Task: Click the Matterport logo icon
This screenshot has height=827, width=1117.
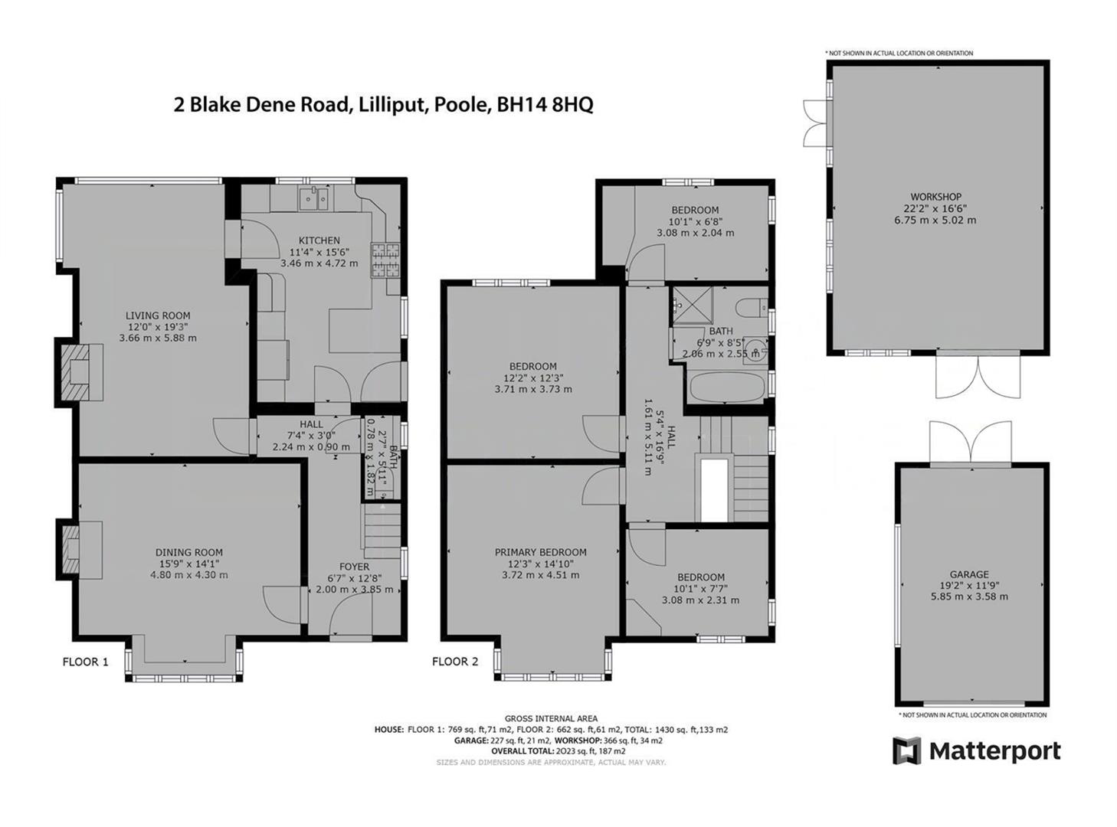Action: point(907,750)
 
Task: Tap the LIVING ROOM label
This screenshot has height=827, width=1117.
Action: point(158,315)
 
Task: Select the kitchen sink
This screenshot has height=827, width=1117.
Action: point(315,198)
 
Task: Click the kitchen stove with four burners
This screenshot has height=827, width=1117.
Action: point(386,259)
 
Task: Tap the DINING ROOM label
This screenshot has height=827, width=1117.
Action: point(189,552)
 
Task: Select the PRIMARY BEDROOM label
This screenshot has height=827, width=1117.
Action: point(540,552)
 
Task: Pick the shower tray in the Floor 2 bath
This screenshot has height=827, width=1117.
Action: point(693,305)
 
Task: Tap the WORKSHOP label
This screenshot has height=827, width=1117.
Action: point(935,197)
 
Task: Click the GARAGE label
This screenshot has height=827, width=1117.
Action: point(969,574)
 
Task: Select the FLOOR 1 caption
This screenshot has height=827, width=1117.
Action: point(86,662)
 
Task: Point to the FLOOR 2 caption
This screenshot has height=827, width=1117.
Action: point(455,662)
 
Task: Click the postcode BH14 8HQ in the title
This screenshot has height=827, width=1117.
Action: point(545,105)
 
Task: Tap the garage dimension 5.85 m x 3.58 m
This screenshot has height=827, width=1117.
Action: point(969,597)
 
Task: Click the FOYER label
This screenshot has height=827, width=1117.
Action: point(354,567)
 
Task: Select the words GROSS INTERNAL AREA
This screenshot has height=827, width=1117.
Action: point(551,718)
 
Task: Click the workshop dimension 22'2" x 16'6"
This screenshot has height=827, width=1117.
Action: point(935,208)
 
